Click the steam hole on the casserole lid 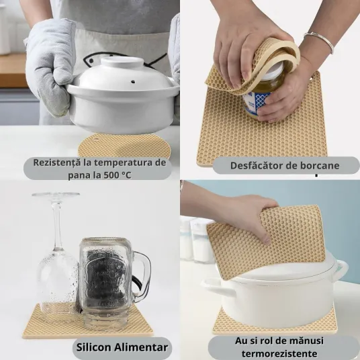pos(133,81)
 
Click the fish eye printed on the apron pos(91,61)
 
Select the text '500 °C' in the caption pos(118,175)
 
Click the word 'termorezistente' pos(279,353)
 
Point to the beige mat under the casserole pos(124,145)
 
